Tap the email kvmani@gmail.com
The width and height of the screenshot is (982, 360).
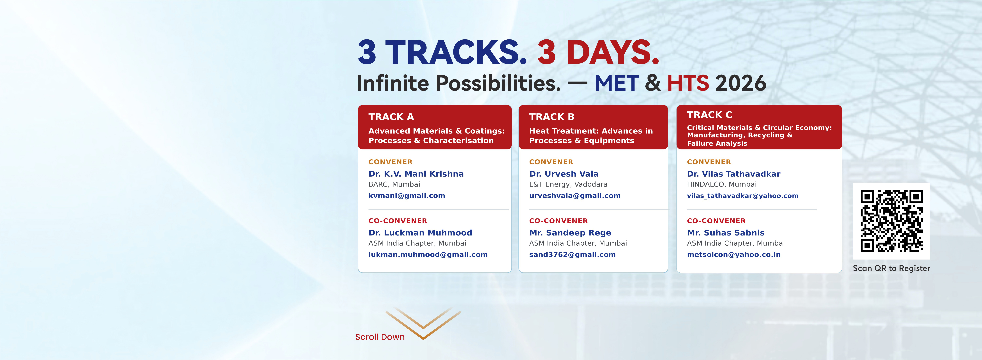click(x=407, y=196)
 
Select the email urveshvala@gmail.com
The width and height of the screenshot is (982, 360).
click(x=575, y=196)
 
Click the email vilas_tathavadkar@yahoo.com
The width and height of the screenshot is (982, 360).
click(x=743, y=196)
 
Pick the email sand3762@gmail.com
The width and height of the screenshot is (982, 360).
click(x=572, y=254)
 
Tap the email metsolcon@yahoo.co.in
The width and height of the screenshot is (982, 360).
click(x=734, y=254)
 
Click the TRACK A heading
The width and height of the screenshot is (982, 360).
click(x=391, y=117)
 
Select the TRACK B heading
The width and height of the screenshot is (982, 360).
click(x=552, y=117)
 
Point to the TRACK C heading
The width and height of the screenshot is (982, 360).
click(x=709, y=115)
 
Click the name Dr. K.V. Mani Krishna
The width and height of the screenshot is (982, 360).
click(x=416, y=174)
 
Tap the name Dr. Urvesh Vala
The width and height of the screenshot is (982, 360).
click(x=564, y=174)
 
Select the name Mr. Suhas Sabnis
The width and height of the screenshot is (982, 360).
click(x=725, y=233)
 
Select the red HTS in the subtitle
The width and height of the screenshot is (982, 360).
click(x=688, y=83)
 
